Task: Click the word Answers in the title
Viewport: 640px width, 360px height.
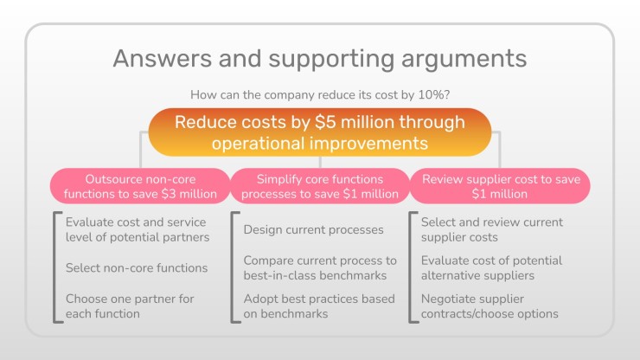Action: pyautogui.click(x=162, y=58)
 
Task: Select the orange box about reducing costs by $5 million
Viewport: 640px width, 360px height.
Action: pyautogui.click(x=320, y=132)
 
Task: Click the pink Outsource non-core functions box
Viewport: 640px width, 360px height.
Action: pyautogui.click(x=140, y=186)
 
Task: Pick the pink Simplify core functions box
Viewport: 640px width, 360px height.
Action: pyautogui.click(x=320, y=186)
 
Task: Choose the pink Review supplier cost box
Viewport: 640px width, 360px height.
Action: pyautogui.click(x=500, y=186)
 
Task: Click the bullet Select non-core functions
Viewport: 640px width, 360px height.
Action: pyautogui.click(x=137, y=267)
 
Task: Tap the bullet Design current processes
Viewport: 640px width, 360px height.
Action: pyautogui.click(x=313, y=229)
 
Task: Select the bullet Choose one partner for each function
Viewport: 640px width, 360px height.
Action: pyautogui.click(x=130, y=306)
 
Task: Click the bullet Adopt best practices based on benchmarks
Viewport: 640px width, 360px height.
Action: pyautogui.click(x=319, y=306)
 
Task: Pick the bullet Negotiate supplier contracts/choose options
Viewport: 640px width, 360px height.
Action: pyautogui.click(x=490, y=306)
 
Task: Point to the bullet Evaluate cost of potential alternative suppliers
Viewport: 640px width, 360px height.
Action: pyautogui.click(x=491, y=267)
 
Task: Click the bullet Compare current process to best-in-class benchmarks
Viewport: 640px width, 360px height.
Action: pyautogui.click(x=320, y=267)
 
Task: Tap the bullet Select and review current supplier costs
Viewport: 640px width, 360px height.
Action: pyautogui.click(x=492, y=229)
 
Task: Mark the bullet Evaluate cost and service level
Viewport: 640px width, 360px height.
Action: pyautogui.click(x=138, y=229)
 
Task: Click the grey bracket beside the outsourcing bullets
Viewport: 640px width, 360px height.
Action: pyautogui.click(x=54, y=267)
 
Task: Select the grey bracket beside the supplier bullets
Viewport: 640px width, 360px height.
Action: pyautogui.click(x=410, y=267)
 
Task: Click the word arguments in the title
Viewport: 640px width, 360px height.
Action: pyautogui.click(x=464, y=59)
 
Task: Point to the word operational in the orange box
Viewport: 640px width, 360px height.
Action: pyautogui.click(x=259, y=144)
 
